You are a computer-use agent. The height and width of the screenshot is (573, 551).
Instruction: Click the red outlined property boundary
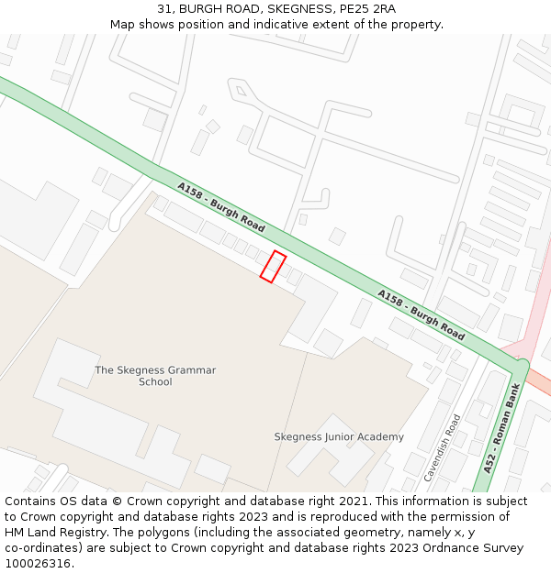point(273,266)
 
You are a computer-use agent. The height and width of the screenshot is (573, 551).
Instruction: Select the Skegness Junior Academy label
point(339,436)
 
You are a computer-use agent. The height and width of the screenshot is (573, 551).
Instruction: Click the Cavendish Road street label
point(443,447)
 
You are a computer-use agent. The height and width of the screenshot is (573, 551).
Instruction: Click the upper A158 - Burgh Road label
point(221,206)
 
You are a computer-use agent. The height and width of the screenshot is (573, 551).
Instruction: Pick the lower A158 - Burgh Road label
point(421,313)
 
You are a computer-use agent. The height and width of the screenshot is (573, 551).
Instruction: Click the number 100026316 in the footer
point(35,564)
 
